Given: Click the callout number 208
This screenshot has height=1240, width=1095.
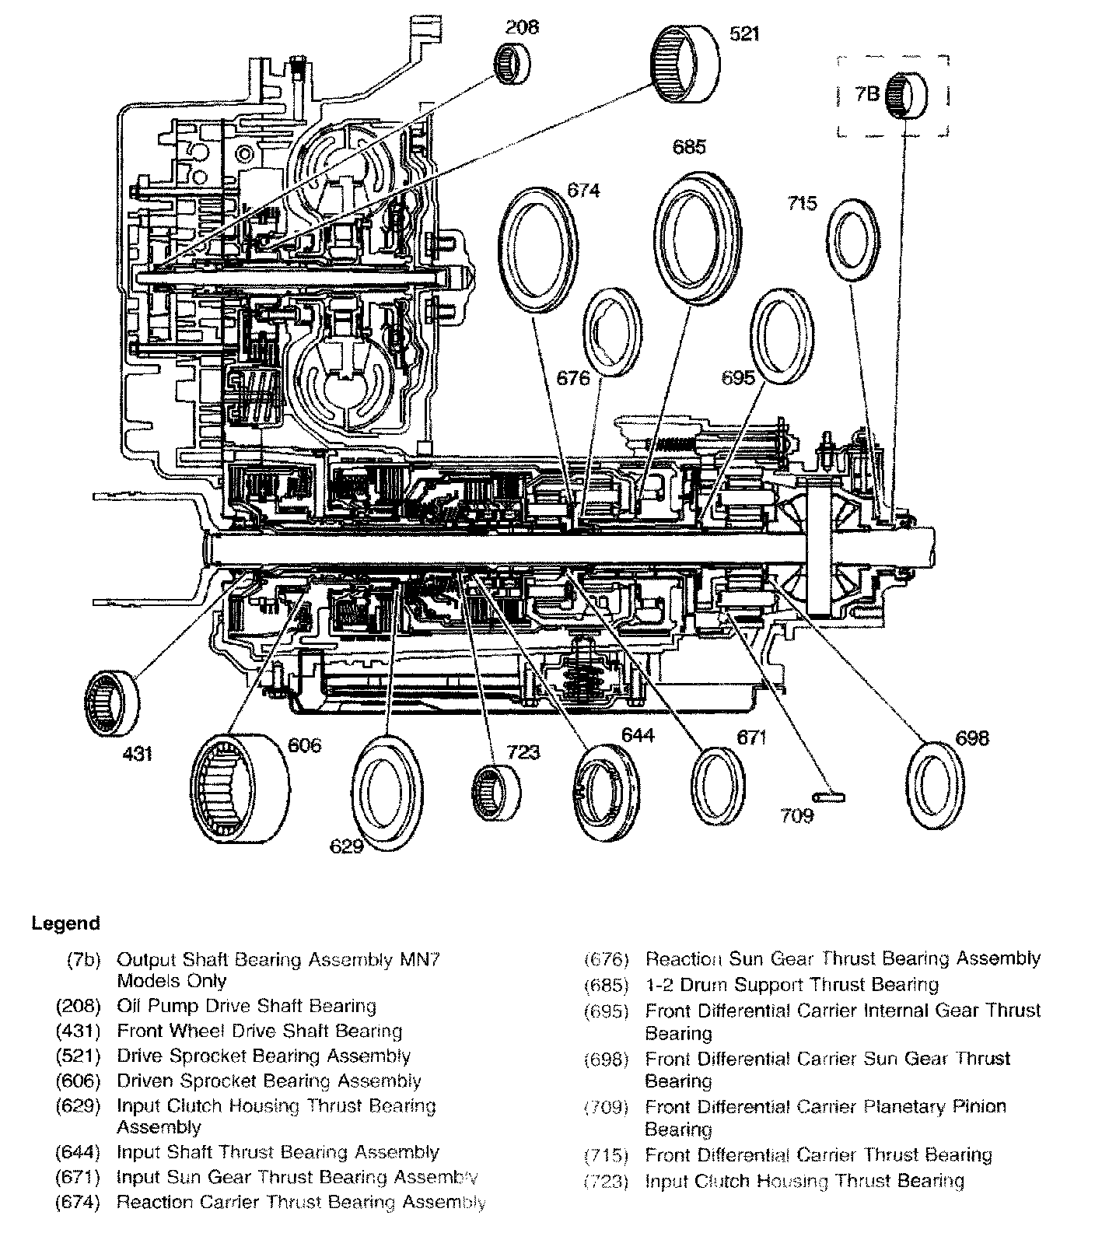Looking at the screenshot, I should (x=522, y=28).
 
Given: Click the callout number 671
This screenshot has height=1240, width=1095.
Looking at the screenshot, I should (x=752, y=737).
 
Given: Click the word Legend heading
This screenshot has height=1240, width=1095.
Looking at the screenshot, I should (x=66, y=923).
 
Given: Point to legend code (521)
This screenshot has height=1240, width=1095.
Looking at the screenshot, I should (x=79, y=1056).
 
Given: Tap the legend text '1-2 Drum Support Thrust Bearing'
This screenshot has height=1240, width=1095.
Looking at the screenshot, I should (x=792, y=985).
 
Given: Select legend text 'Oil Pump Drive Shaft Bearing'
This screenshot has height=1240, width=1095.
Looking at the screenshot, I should (x=246, y=1006).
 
